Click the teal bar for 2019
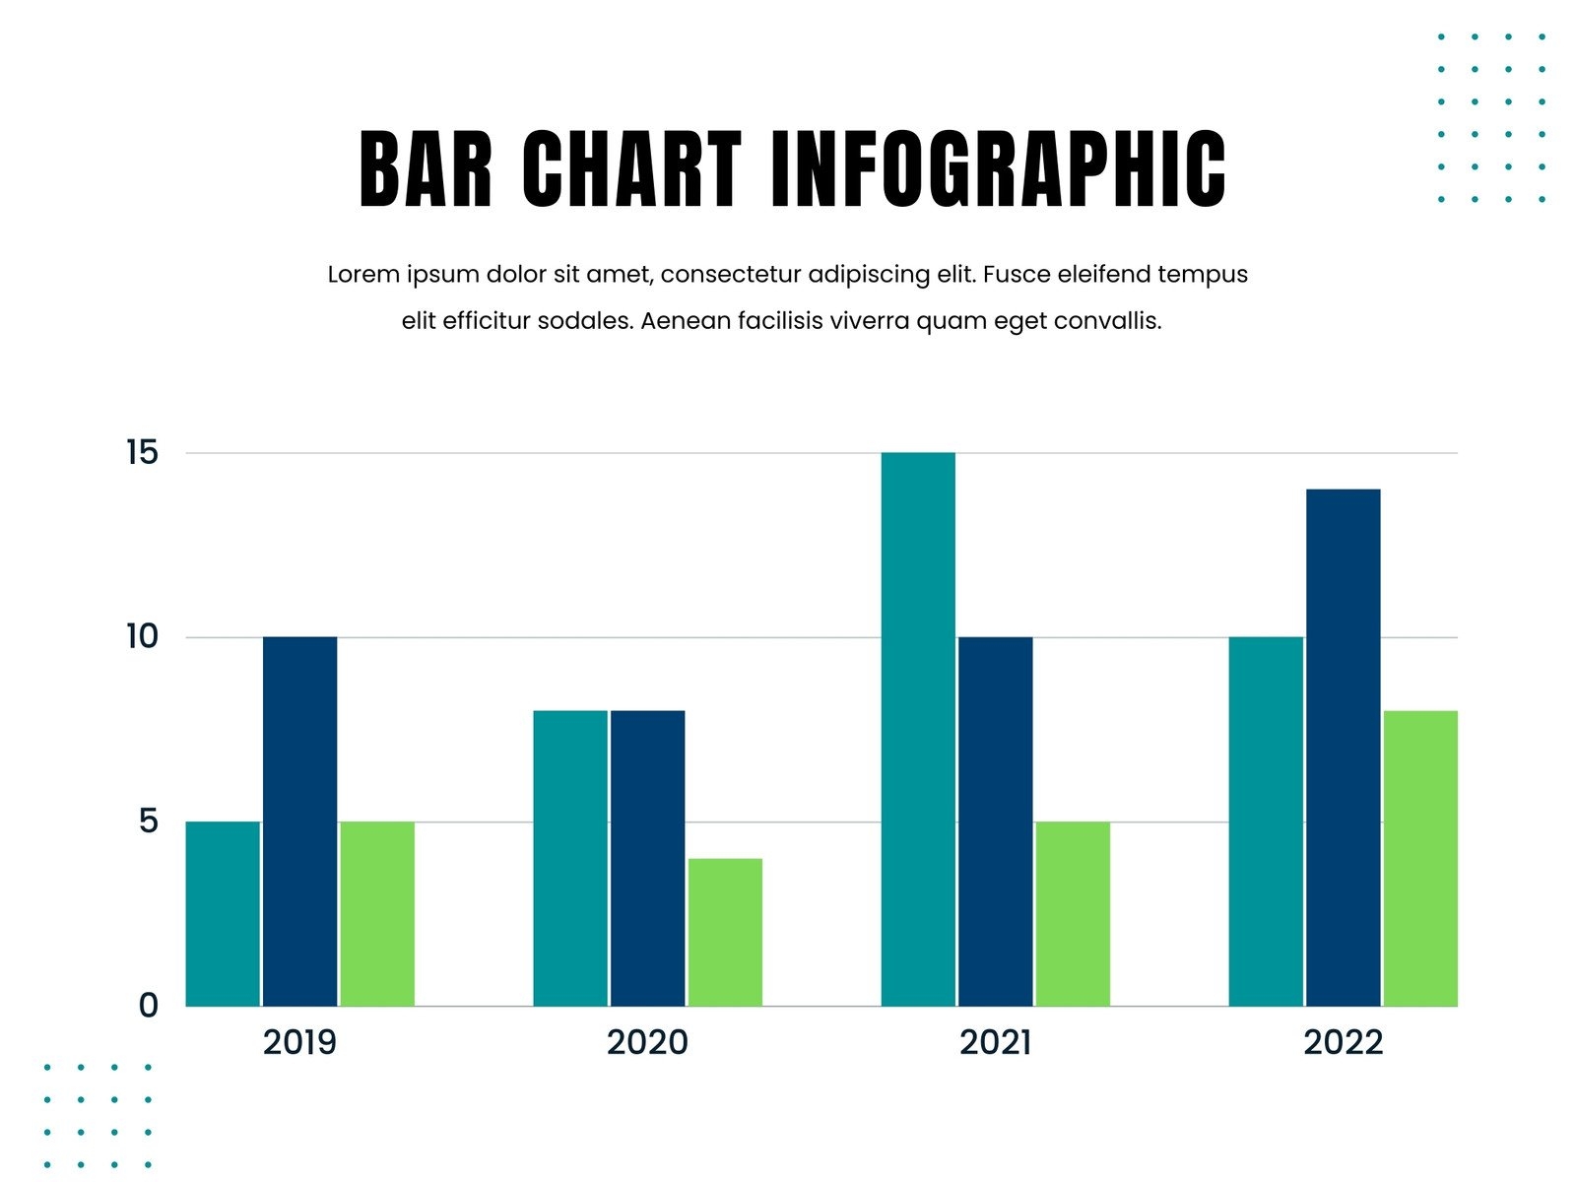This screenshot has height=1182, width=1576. [223, 913]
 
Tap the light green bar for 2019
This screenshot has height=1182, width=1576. [377, 913]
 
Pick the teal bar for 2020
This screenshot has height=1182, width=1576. [570, 858]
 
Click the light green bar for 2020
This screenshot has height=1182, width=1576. [725, 932]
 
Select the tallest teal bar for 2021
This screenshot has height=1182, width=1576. [918, 729]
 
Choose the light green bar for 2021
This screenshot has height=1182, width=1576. [1073, 913]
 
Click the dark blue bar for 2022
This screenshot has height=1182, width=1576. [1343, 747]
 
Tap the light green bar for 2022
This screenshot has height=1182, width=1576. [1420, 858]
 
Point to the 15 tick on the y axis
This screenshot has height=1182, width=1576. [142, 453]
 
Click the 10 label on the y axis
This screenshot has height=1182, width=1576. [142, 637]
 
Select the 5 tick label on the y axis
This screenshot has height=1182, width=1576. [149, 821]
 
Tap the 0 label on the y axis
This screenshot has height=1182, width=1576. [149, 1006]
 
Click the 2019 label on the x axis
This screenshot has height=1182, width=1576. [299, 1042]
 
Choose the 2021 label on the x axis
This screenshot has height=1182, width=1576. [995, 1042]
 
